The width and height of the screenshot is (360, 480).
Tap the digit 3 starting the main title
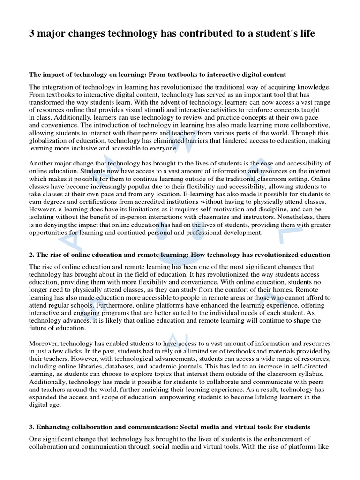pyautogui.click(x=32, y=33)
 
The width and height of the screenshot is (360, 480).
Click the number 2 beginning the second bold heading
pyautogui.click(x=31, y=255)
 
